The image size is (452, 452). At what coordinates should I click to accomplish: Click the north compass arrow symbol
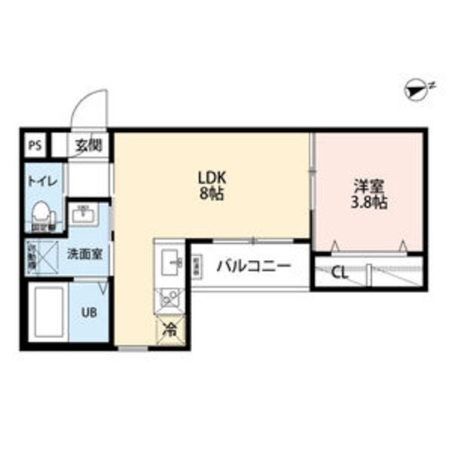point(414,89)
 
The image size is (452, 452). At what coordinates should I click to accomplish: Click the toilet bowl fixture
point(43,214)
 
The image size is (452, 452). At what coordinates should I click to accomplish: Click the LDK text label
point(212,178)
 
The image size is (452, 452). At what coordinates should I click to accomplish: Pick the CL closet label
point(340,273)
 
